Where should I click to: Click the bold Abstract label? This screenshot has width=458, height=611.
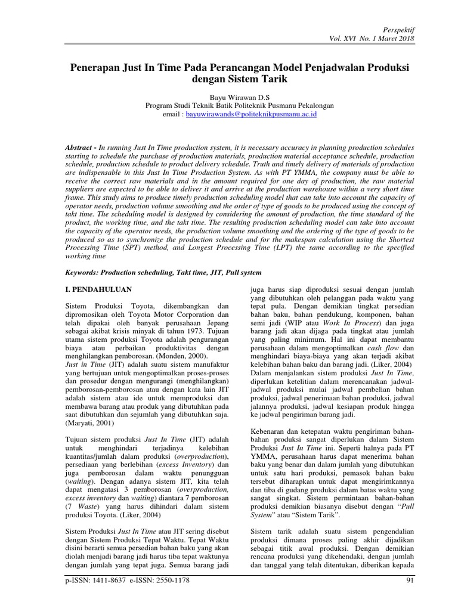(x=80, y=147)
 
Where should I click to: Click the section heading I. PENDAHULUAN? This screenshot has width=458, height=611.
(x=98, y=289)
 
